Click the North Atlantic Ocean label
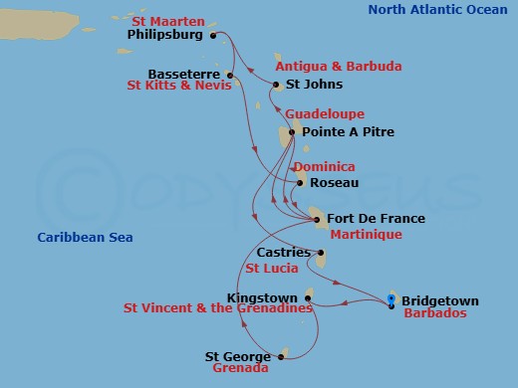pyautogui.click(x=437, y=10)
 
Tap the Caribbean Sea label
pyautogui.click(x=85, y=238)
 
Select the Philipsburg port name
pyautogui.click(x=166, y=34)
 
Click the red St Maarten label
pyautogui.click(x=169, y=20)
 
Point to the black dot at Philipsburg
pyautogui.click(x=212, y=34)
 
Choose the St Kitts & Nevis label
pyautogui.click(x=179, y=87)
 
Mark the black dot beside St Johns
pyautogui.click(x=276, y=86)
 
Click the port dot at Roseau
pyautogui.click(x=301, y=183)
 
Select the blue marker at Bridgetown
pyautogui.click(x=391, y=298)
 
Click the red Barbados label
pyautogui.click(x=434, y=313)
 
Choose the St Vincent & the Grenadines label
pyautogui.click(x=218, y=308)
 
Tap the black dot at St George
pyautogui.click(x=278, y=356)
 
